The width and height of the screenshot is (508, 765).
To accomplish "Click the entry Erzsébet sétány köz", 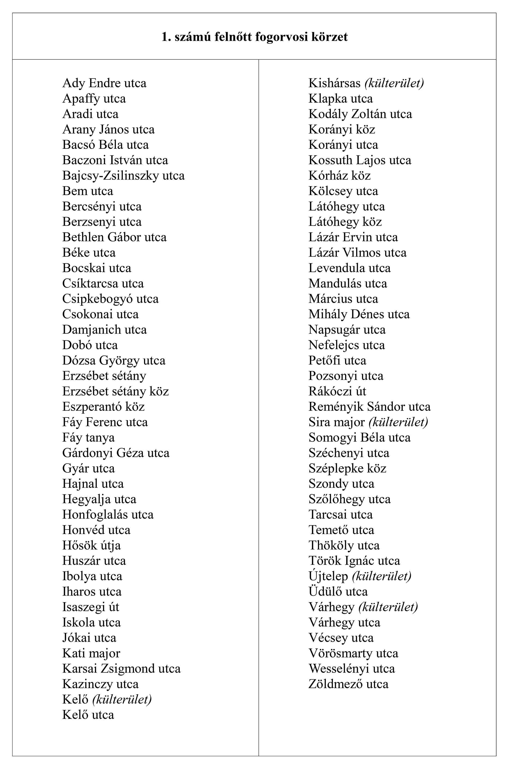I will [115, 391].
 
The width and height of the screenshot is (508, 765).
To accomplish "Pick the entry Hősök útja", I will [91, 546].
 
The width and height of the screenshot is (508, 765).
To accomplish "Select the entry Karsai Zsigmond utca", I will [121, 669].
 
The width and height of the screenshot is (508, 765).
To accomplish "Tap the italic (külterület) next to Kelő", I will [122, 699].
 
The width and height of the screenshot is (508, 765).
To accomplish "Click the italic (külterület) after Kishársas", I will [394, 83].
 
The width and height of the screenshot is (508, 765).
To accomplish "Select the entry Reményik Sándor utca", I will [369, 407].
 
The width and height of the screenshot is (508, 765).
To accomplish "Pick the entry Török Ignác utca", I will [354, 561].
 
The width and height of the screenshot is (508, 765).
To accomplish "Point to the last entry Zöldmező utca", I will [348, 684].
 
